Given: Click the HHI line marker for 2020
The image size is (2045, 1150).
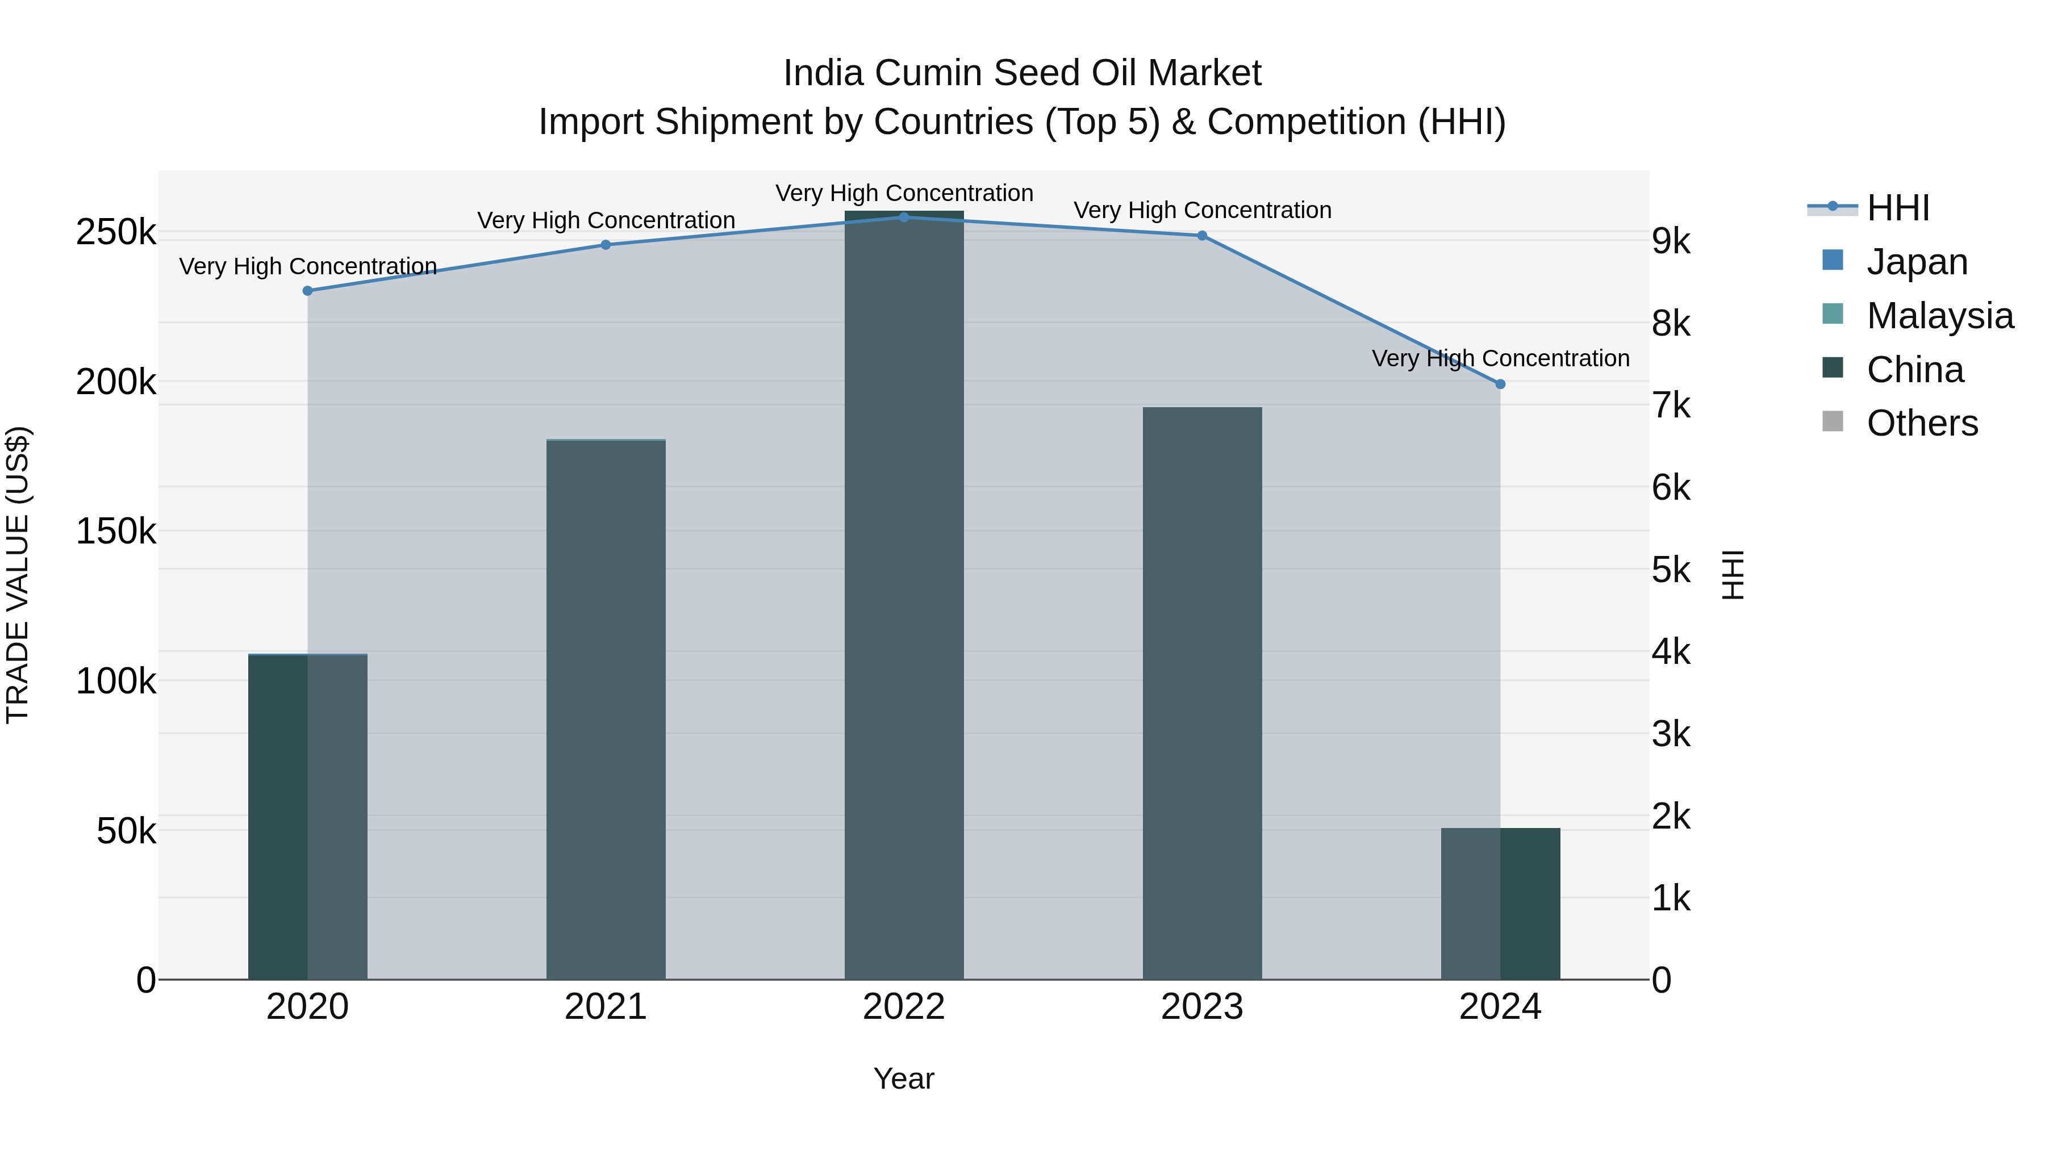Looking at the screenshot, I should pos(308,291).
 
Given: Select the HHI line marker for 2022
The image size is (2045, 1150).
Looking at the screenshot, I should pos(904,218).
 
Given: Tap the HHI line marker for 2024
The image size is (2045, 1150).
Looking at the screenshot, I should pos(1500,384).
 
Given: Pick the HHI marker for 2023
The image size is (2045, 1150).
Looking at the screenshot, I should pos(1202,236).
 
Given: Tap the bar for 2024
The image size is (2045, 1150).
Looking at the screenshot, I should pos(1500,904).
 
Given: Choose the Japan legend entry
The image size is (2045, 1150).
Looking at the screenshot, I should pos(1917,262).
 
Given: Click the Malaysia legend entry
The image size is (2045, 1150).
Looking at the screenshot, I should pos(1939,316).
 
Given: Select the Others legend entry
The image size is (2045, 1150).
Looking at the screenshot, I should pos(1922,423).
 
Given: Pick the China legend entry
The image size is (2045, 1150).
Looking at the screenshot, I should pos(1915,370).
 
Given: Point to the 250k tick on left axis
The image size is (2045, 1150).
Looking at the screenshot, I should pos(116,232).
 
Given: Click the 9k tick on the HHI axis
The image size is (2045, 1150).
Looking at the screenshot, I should pos(1671,241).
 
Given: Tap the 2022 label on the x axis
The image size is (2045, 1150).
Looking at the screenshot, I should pos(904,1007).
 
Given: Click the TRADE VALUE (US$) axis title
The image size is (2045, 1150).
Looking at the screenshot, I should pos(18,575).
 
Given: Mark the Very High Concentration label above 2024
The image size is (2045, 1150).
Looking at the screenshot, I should pos(1500,359).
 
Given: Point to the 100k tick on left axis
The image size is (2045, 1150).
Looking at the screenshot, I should pos(116,681).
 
